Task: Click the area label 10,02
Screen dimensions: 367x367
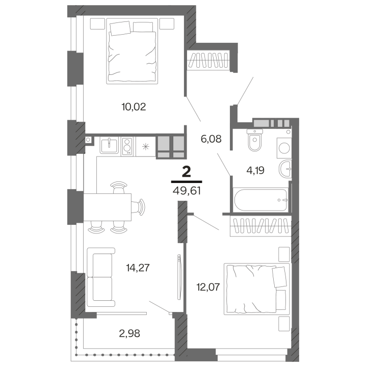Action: [x=134, y=107]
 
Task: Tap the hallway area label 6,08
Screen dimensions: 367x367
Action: [x=211, y=139]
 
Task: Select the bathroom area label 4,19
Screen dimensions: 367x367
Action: [x=255, y=170]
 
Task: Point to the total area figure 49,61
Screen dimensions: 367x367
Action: [x=187, y=191]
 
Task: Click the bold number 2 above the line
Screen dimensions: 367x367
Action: [x=187, y=172]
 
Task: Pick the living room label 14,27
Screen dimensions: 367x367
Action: [x=138, y=268]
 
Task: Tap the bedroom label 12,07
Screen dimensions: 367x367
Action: [x=208, y=286]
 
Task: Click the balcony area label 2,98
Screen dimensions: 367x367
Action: [x=129, y=333]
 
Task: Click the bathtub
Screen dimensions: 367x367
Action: [x=260, y=200]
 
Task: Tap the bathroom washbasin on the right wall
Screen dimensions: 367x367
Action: [x=285, y=169]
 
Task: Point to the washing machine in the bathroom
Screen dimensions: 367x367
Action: [x=284, y=148]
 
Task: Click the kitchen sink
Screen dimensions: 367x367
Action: [x=109, y=145]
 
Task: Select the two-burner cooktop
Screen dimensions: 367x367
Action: [x=127, y=146]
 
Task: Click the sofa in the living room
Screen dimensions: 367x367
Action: [x=101, y=277]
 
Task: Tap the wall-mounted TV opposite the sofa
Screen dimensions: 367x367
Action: [x=179, y=277]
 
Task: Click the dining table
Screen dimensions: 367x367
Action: [x=107, y=207]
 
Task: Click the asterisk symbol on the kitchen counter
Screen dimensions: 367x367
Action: [x=146, y=147]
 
